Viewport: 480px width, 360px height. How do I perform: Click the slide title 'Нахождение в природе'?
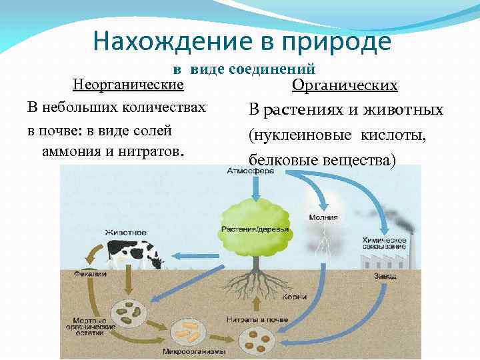click(242, 41)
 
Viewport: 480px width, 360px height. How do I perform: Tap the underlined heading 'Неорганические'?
click(128, 85)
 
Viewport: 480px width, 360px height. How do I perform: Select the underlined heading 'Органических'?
click(345, 86)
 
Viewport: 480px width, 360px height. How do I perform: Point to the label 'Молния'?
click(323, 217)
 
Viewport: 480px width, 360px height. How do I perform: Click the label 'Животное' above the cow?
click(125, 232)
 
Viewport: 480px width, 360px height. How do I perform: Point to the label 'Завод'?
click(385, 276)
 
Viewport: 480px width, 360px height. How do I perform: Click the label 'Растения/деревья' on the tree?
click(255, 230)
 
